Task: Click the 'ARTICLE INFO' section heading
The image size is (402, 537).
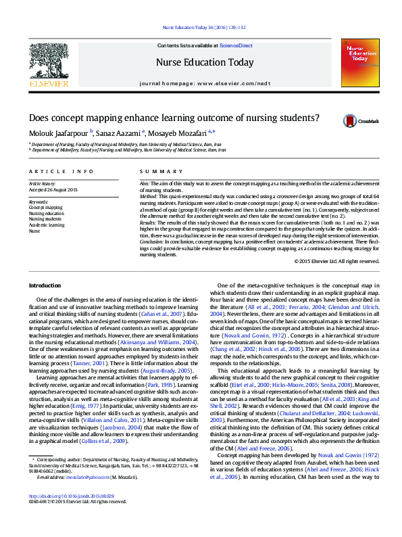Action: (61, 172)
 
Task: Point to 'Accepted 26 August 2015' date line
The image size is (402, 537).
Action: (53, 189)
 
